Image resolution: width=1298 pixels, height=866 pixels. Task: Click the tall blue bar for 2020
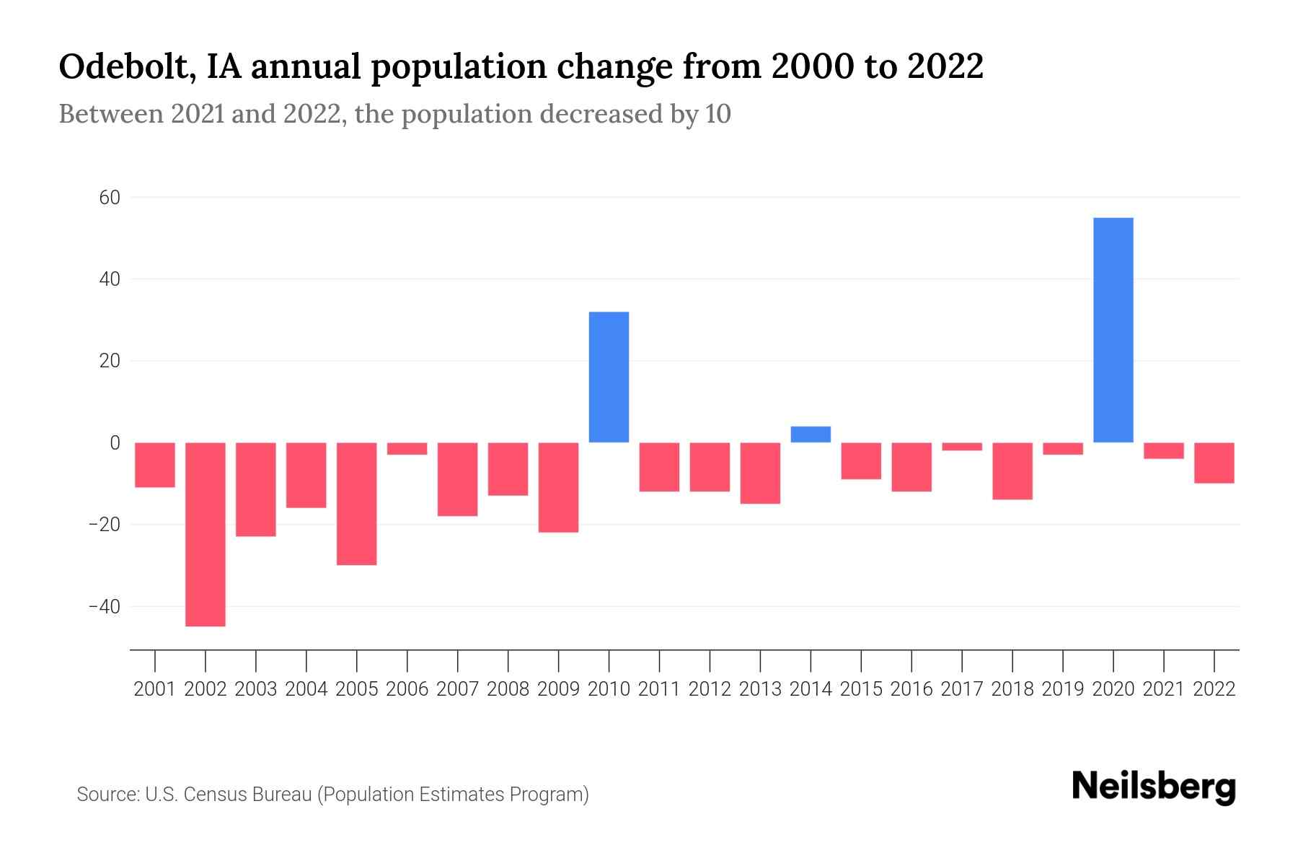point(1113,330)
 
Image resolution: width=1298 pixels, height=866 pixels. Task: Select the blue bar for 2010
point(609,377)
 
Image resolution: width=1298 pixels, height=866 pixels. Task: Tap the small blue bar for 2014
point(811,434)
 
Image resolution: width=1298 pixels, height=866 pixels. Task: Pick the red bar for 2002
point(206,534)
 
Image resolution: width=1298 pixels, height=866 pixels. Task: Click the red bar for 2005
point(356,504)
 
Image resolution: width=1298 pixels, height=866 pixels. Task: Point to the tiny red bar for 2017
point(962,447)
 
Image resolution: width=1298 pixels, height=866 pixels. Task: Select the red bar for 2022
point(1214,463)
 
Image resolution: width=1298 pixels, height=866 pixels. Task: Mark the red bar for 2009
point(558,487)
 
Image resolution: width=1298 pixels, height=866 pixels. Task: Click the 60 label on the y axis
point(110,197)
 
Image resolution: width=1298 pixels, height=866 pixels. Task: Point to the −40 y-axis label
point(105,606)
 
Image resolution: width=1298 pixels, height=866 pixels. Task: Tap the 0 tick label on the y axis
point(115,442)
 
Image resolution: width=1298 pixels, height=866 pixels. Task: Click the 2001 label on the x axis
point(155,689)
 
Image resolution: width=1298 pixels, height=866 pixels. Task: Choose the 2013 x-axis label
point(760,689)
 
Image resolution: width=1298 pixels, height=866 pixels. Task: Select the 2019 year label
point(1063,689)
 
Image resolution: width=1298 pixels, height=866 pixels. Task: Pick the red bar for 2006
point(407,449)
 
